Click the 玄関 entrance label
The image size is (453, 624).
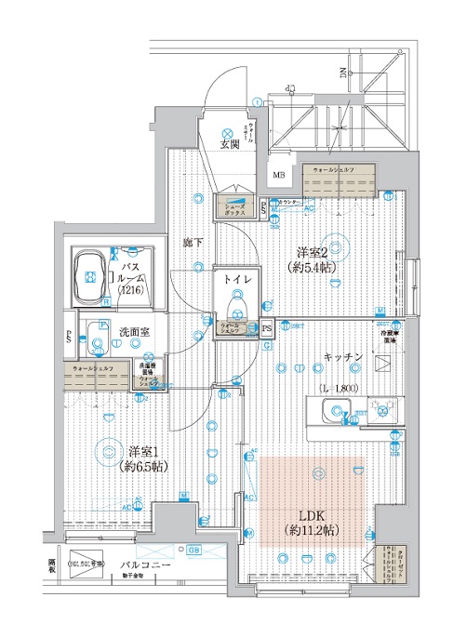pos(229,144)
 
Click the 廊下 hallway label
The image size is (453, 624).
pos(193,242)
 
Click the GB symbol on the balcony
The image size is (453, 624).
pos(193,549)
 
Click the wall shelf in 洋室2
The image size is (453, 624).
pos(340,179)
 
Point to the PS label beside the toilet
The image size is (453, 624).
pos(267,327)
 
